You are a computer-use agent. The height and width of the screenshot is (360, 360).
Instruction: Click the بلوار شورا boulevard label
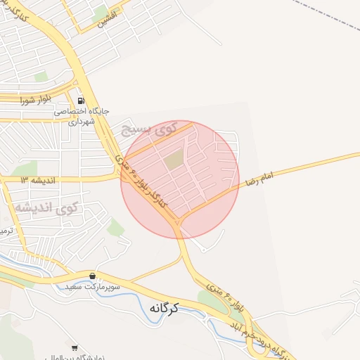(x=33, y=101)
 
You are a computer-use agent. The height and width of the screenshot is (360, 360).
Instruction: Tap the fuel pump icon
(x=81, y=101)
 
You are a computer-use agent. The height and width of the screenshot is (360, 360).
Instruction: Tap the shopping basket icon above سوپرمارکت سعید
(x=93, y=275)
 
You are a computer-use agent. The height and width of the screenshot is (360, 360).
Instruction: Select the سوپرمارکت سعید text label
(x=93, y=287)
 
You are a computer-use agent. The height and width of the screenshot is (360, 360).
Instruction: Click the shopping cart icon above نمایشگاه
(x=75, y=347)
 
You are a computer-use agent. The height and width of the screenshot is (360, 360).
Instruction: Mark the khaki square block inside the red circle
(x=174, y=160)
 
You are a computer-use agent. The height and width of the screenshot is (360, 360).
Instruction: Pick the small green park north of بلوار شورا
(x=41, y=77)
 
